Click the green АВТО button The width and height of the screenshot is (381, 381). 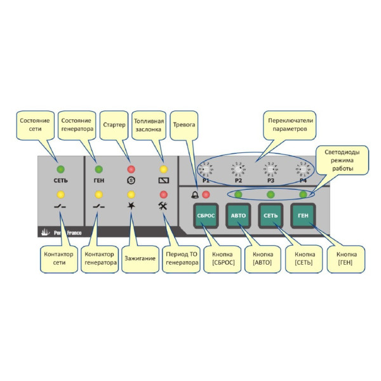pyautogui.click(x=239, y=216)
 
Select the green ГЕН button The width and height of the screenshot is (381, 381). pyautogui.click(x=303, y=216)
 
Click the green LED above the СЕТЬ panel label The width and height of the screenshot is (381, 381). pyautogui.click(x=61, y=170)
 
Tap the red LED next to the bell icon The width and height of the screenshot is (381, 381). pyautogui.click(x=205, y=194)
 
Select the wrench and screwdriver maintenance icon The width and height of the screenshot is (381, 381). pyautogui.click(x=163, y=206)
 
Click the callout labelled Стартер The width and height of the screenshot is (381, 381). pyautogui.click(x=114, y=125)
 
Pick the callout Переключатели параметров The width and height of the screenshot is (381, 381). pyautogui.click(x=290, y=124)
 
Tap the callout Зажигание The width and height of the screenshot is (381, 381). pyautogui.click(x=138, y=259)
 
